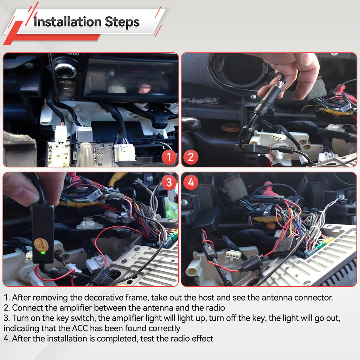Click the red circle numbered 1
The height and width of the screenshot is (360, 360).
pyautogui.click(x=169, y=157)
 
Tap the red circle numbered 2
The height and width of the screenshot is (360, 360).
pyautogui.click(x=191, y=157)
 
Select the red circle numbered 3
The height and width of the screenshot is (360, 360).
pyautogui.click(x=169, y=182)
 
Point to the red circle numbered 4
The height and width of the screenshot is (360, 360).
pyautogui.click(x=191, y=182)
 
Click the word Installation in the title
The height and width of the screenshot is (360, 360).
pyautogui.click(x=67, y=22)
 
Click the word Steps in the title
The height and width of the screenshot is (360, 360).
pyautogui.click(x=122, y=22)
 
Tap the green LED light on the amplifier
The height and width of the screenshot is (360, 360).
pyautogui.click(x=43, y=253)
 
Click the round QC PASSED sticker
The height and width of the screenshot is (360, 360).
pyautogui.click(x=41, y=245)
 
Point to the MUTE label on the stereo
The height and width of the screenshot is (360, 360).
pyautogui.click(x=65, y=82)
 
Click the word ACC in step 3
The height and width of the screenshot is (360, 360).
pyautogui.click(x=80, y=328)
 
